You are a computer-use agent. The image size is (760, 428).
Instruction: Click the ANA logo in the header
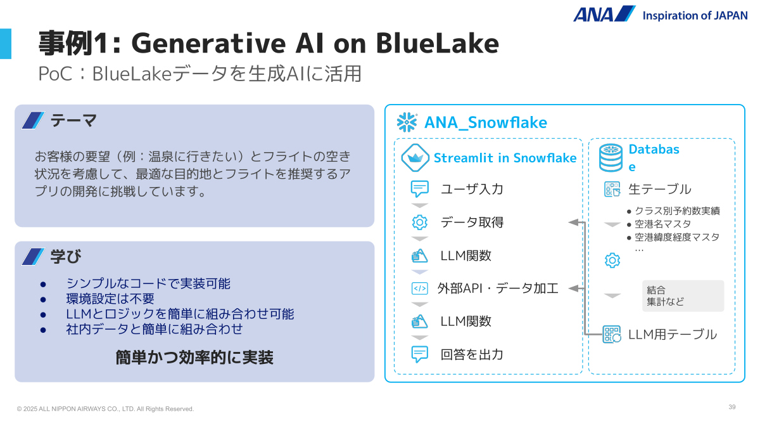(604, 14)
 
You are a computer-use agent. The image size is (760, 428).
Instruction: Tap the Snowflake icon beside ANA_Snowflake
(407, 122)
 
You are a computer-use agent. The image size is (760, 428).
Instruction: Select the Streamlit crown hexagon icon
(415, 158)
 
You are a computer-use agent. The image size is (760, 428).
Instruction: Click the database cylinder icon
(611, 158)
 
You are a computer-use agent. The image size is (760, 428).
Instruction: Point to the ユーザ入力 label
(472, 189)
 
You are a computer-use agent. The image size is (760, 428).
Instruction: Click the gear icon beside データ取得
(420, 223)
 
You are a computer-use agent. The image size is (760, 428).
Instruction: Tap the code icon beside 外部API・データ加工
(420, 289)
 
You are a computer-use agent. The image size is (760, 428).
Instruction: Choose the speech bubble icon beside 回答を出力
(420, 354)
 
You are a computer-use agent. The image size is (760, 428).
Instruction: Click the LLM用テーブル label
(673, 334)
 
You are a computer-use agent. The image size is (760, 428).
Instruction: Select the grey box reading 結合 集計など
(683, 296)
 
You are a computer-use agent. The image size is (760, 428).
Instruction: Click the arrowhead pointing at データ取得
(573, 223)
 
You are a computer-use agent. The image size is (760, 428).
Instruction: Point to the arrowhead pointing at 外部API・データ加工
(573, 289)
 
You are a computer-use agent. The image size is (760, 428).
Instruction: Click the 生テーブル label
(659, 189)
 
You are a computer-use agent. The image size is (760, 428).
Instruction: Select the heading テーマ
(73, 120)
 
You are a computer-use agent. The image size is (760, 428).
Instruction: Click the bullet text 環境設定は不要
(110, 299)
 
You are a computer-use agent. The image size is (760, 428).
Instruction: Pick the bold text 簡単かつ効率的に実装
(194, 358)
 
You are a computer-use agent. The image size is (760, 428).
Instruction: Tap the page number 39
(732, 407)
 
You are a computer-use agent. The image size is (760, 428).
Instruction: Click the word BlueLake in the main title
(438, 43)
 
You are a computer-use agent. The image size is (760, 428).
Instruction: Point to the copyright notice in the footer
(106, 409)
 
